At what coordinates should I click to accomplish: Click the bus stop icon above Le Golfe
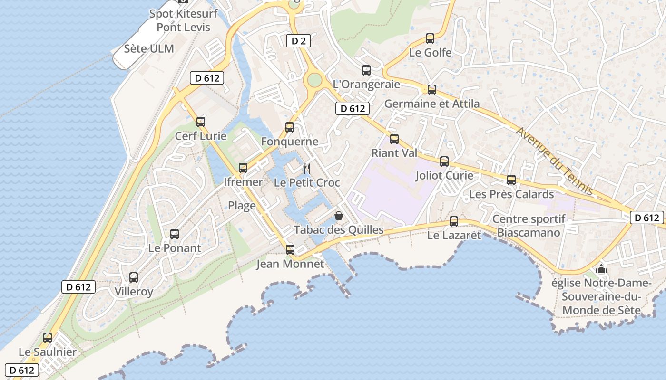coord(430,38)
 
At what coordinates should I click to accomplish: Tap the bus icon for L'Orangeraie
coord(366,70)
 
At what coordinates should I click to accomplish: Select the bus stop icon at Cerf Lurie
coord(201,122)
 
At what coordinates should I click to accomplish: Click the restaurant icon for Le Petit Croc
coord(307,169)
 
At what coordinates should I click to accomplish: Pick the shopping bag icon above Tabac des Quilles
coord(339,216)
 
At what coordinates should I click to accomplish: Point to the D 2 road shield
coord(298,41)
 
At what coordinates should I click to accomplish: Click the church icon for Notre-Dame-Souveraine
coord(601,269)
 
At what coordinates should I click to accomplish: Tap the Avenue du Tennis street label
coord(555,161)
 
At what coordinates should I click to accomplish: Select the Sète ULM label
coord(149,48)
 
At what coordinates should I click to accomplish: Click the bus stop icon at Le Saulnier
coord(48,338)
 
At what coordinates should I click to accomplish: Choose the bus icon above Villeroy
coord(134,277)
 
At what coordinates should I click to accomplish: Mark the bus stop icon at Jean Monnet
coord(290,250)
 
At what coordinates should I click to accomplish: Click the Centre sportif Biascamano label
coord(529,226)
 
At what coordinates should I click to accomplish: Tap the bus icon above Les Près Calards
coord(511,180)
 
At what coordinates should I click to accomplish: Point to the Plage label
coord(242,206)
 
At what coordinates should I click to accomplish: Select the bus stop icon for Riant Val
coord(394,139)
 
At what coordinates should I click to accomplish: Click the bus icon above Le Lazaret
coord(454,221)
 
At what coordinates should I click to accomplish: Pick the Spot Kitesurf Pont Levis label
coord(183,20)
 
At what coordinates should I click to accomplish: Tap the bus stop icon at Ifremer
coord(243,168)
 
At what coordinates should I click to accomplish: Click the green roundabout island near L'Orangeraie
coord(314,80)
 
